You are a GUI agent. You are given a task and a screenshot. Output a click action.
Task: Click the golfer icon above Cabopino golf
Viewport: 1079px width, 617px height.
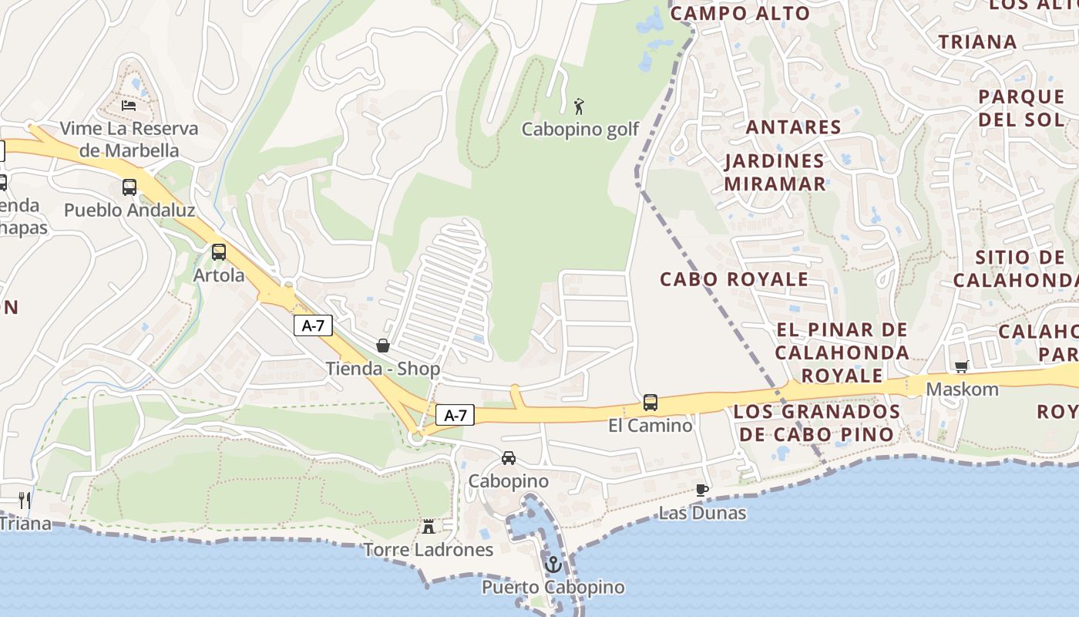click(580, 106)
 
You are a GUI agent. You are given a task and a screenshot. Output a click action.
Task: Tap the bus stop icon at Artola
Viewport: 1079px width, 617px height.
click(219, 251)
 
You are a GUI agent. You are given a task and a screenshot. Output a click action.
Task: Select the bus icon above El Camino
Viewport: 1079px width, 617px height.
click(650, 402)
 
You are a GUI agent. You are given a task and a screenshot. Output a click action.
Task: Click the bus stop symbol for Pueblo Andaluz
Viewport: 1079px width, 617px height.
click(129, 187)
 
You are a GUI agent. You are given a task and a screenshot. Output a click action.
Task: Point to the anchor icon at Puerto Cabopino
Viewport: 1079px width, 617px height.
click(553, 565)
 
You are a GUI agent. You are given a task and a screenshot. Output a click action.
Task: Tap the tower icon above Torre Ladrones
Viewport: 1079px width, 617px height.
click(429, 526)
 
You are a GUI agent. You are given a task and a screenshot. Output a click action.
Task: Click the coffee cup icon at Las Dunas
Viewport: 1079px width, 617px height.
click(701, 490)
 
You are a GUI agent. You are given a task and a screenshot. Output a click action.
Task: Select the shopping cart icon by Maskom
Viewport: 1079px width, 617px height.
click(961, 367)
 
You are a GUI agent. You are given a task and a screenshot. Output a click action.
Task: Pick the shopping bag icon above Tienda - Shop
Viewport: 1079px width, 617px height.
click(382, 346)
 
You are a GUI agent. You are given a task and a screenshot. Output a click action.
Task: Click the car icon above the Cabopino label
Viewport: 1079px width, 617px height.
click(509, 458)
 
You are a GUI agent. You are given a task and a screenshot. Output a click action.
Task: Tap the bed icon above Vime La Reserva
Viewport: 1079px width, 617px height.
click(129, 105)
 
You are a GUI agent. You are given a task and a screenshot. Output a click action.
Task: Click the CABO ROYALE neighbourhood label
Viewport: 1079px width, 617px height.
click(734, 279)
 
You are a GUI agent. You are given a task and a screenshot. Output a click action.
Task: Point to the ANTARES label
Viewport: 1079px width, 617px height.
click(793, 127)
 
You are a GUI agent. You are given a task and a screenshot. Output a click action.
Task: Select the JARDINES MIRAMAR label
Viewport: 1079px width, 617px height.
click(775, 173)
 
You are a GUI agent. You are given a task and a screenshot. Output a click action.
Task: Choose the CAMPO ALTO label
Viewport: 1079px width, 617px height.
click(740, 13)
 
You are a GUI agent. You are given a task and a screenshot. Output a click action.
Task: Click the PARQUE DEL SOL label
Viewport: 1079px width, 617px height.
click(1021, 108)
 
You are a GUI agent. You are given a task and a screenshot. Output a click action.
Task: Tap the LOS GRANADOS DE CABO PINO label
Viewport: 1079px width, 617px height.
click(817, 423)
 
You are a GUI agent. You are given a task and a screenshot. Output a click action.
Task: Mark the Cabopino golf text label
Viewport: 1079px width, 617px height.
click(580, 130)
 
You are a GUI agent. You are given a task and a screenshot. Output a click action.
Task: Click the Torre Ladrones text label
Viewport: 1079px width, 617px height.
click(429, 550)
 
